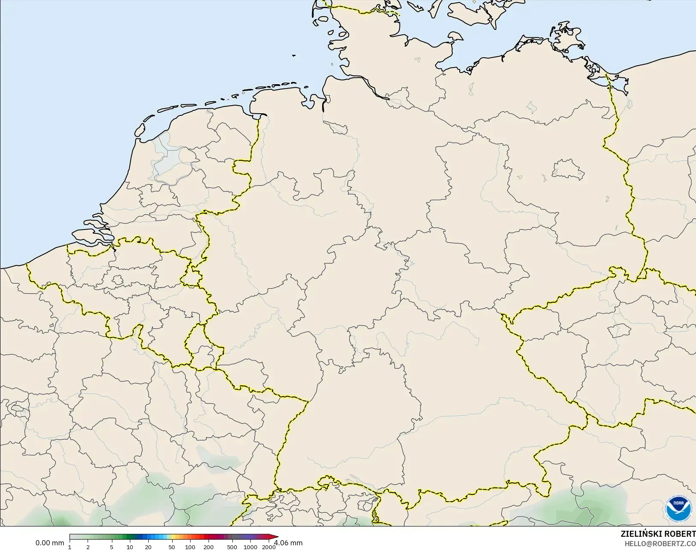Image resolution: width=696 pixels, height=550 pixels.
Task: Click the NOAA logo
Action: pyautogui.click(x=678, y=508)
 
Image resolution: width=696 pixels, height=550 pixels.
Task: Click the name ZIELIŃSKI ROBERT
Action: pyautogui.click(x=658, y=534)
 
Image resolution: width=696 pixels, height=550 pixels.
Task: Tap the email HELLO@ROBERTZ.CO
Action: pyautogui.click(x=660, y=544)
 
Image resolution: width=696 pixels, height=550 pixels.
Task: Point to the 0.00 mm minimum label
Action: pyautogui.click(x=50, y=543)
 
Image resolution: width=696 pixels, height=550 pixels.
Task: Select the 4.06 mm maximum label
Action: pyautogui.click(x=289, y=543)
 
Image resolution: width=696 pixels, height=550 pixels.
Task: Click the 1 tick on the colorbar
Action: pyautogui.click(x=70, y=547)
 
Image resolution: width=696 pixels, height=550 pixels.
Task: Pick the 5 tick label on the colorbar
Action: pyautogui.click(x=112, y=547)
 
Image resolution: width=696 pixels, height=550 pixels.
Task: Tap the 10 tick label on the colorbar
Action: pyautogui.click(x=130, y=547)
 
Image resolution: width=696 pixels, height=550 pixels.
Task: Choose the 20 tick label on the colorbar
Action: pyautogui.click(x=148, y=547)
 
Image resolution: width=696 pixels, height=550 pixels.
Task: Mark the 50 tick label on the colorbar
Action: pyautogui.click(x=172, y=547)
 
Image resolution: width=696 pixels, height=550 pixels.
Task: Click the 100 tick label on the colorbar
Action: pyautogui.click(x=190, y=547)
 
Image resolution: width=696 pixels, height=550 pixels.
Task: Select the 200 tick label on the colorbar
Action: pyautogui.click(x=209, y=547)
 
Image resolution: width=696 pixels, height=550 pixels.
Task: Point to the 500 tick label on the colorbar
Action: pyautogui.click(x=232, y=547)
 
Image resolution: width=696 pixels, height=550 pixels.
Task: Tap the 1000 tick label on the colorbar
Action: pyautogui.click(x=250, y=547)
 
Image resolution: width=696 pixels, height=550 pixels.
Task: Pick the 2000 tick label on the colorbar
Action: pyautogui.click(x=269, y=547)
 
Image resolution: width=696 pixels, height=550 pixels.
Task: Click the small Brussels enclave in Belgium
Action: pyautogui.click(x=118, y=280)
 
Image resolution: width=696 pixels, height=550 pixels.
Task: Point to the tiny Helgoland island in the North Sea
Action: pyautogui.click(x=294, y=55)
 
